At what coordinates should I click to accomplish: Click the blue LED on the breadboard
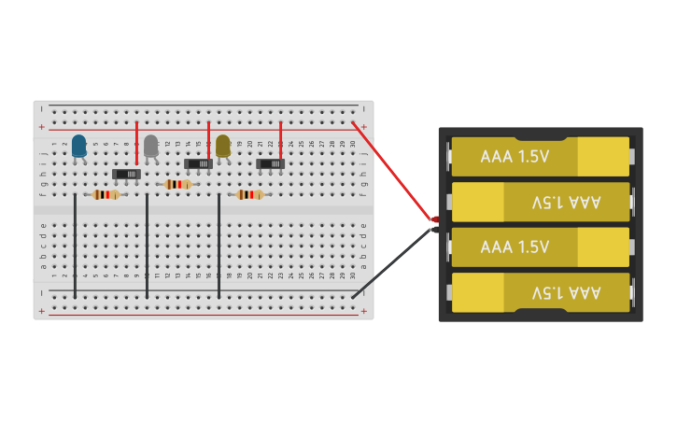pos(79,146)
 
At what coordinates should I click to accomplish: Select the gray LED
pos(150,146)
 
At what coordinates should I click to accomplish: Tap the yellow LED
pos(222,146)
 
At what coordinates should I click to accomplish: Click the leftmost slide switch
pos(127,174)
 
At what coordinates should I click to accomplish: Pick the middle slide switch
pos(198,163)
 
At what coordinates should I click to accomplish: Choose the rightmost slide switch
pos(270,163)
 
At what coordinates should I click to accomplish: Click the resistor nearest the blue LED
pos(106,195)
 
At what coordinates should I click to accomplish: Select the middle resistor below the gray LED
pos(177,185)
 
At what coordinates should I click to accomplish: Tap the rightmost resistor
pos(249,195)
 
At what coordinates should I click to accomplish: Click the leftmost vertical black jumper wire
pos(75,247)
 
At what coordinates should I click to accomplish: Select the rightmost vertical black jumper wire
pos(219,247)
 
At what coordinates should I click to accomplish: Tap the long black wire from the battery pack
pos(392,262)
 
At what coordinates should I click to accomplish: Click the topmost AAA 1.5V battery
pos(540,156)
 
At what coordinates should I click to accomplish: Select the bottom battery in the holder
pos(540,292)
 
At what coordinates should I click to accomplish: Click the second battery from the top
pos(540,202)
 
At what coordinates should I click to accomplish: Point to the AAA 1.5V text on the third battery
pos(515,247)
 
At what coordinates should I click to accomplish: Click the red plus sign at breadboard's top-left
pos(41,126)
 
